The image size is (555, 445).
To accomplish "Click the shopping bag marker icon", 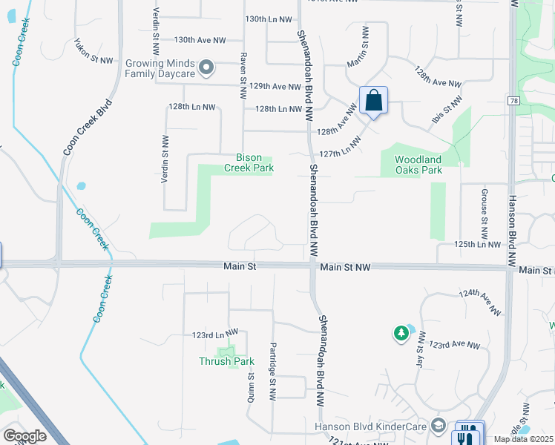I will tap(373, 101).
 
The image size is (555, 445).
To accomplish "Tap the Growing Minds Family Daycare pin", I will tap(207, 69).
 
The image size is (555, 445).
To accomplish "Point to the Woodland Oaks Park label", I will tap(418, 165).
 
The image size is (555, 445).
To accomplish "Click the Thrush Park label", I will tap(226, 361).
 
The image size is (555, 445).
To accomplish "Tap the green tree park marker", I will tap(401, 334).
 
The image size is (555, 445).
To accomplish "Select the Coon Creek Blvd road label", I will tap(87, 127).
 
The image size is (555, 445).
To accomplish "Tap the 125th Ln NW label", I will tap(479, 243).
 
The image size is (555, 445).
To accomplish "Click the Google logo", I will tap(24, 436).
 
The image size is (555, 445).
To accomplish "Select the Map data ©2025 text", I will tap(523, 439).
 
